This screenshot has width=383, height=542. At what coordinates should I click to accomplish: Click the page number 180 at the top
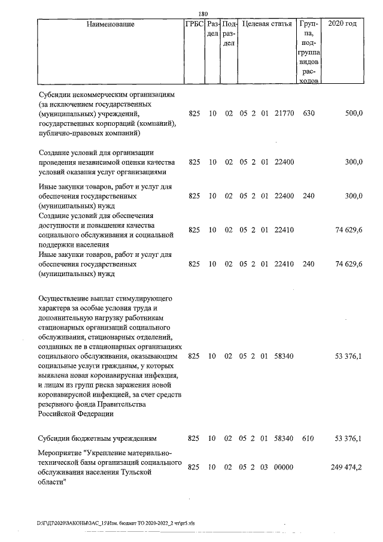pos(202,14)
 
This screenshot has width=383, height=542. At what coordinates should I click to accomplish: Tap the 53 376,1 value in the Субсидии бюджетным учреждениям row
pos(348,438)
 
